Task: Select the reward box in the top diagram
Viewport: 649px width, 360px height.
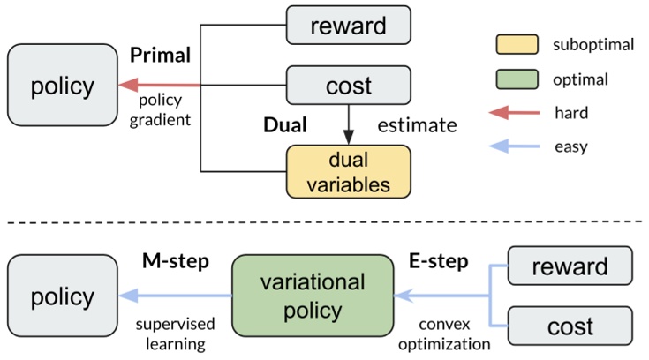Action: tap(349, 25)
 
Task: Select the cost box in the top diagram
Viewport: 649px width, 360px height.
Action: tap(349, 86)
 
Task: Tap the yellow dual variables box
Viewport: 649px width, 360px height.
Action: tap(349, 171)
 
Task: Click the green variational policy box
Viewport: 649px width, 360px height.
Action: tap(313, 296)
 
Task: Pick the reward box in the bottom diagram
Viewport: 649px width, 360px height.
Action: tap(570, 266)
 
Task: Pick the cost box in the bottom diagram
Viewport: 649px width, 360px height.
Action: tap(570, 326)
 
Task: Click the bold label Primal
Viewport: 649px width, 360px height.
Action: tap(160, 55)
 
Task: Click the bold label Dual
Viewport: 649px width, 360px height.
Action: tap(284, 124)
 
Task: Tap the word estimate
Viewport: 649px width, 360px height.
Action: tap(417, 124)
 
